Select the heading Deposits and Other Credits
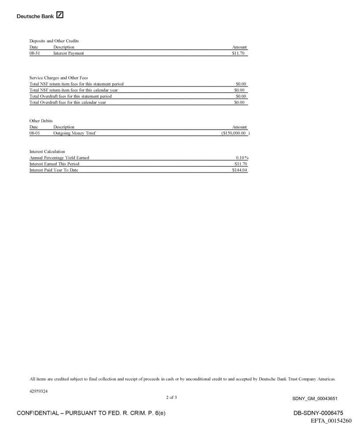[x=54, y=41]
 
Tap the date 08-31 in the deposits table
[x=34, y=53]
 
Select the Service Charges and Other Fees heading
[x=59, y=78]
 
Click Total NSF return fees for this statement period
[x=76, y=84]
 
